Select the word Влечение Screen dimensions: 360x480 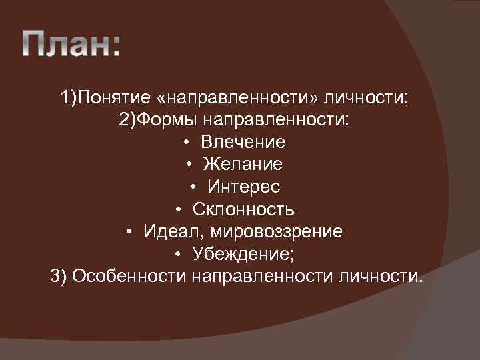point(243,143)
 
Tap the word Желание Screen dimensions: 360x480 point(243,165)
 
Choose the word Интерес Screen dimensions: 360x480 point(243,187)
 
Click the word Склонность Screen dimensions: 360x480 point(243,209)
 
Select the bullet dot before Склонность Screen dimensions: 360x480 point(179,210)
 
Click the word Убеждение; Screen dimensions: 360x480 point(247,254)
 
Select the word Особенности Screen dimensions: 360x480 point(129,276)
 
